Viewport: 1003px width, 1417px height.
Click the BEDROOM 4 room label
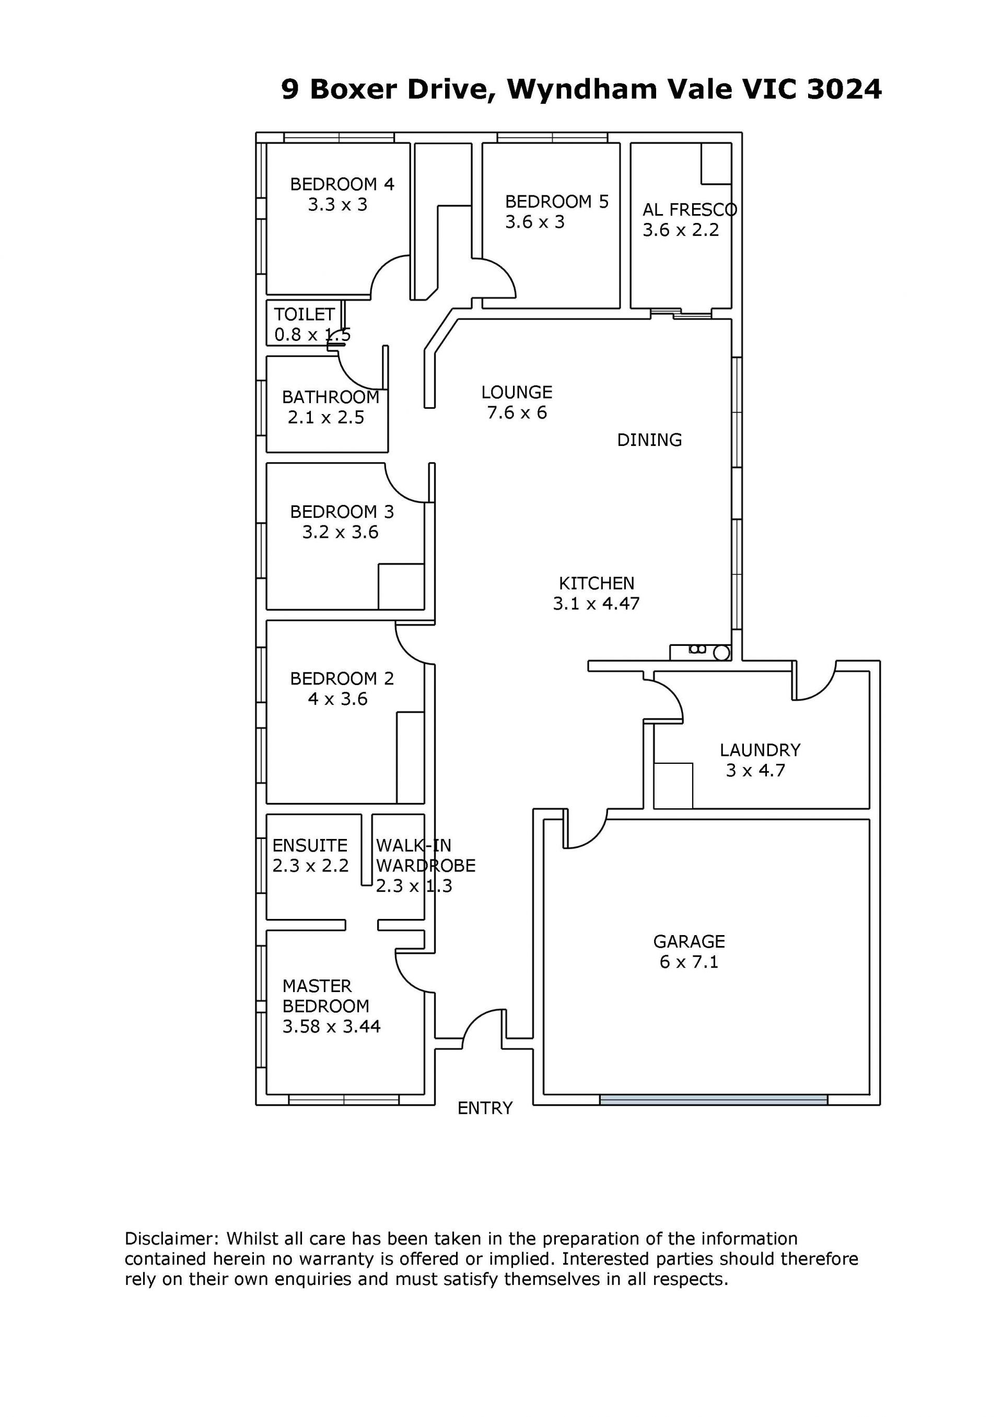(342, 184)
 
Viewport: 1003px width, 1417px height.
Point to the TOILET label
(305, 315)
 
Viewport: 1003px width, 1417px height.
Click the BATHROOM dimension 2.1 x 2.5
(326, 418)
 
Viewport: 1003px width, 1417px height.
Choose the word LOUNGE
(517, 393)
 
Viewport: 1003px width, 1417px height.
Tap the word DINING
(650, 440)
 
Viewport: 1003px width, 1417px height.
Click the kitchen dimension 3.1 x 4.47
(597, 604)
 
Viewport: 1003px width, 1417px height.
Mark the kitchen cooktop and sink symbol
(701, 652)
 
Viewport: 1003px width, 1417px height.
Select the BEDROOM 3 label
(342, 512)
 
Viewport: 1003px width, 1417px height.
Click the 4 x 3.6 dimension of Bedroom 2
(338, 699)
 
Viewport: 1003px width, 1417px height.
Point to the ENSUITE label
(310, 845)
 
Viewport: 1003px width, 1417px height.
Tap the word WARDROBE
(426, 866)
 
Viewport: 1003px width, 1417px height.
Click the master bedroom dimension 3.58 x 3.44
(332, 1027)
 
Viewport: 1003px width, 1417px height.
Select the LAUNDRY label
(760, 750)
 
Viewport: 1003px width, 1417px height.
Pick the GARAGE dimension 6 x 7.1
(689, 962)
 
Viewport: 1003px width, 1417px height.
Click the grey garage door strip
(714, 1100)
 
